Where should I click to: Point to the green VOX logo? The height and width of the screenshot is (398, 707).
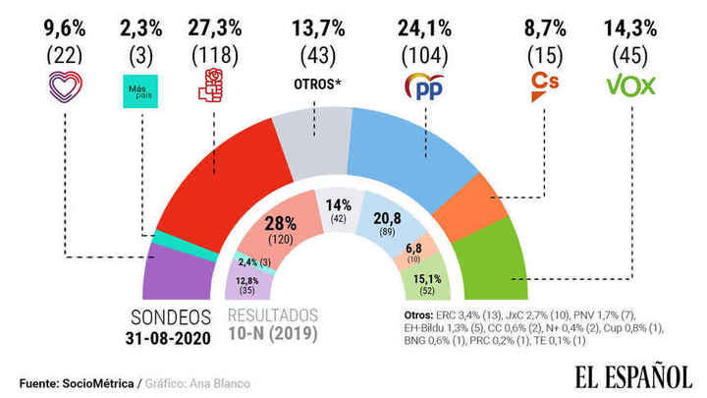coord(632,85)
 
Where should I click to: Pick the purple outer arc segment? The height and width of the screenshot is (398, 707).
coord(178,276)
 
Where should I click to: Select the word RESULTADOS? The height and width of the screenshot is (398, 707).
coord(273,316)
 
